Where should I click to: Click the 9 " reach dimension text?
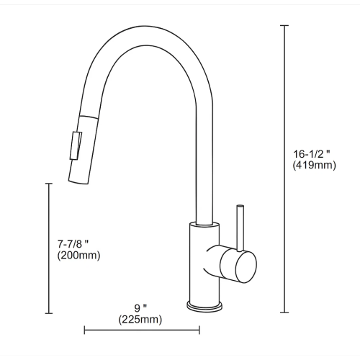[140, 307]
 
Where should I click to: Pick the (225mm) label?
[140, 319]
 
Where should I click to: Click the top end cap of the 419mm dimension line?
[284, 25]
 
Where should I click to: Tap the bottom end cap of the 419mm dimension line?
[284, 312]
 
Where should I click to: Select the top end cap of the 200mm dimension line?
[49, 184]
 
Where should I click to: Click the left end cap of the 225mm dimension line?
[85, 330]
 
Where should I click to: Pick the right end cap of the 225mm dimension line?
[199, 330]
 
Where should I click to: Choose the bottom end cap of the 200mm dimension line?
[49, 312]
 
